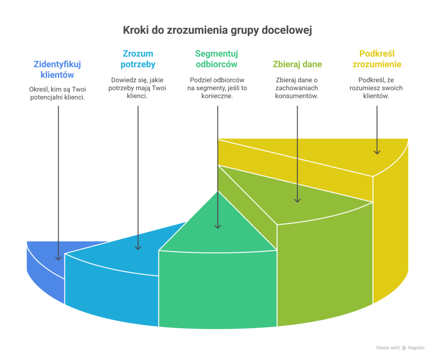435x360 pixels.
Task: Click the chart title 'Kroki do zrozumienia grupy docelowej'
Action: pos(217,30)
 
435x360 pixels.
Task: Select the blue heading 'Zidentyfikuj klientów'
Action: pos(57,70)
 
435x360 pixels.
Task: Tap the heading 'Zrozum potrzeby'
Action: pos(138,59)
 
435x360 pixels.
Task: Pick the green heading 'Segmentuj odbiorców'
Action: pos(216,59)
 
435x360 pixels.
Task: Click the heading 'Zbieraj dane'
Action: pos(297,65)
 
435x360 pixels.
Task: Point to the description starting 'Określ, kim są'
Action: pos(57,93)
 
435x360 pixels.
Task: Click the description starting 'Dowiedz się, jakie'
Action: pos(138,88)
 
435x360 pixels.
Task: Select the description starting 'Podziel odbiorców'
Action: pos(216,88)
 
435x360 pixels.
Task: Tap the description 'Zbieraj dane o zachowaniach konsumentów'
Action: pos(297,88)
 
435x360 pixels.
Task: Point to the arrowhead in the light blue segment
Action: pos(138,246)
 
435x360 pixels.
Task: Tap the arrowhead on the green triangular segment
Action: pos(217,226)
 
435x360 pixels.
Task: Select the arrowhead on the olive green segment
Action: pos(297,199)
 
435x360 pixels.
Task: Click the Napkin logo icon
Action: pos(405,348)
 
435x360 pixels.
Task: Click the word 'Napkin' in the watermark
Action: pos(416,348)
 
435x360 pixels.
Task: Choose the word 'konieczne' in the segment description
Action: pos(216,96)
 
